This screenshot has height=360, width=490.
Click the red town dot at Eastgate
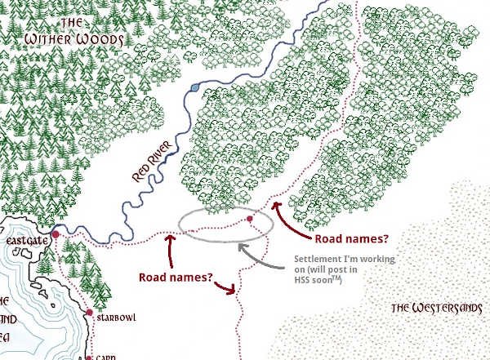pos(56,235)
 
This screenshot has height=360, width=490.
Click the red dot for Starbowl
pos(89,312)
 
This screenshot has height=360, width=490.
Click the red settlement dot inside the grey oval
pos(250,219)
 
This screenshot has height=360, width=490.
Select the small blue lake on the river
pos(193,85)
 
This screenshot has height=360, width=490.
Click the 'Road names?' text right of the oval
pos(350,238)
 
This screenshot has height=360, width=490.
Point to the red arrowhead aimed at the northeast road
pos(276,206)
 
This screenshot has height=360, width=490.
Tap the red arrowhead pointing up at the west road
pos(170,238)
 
